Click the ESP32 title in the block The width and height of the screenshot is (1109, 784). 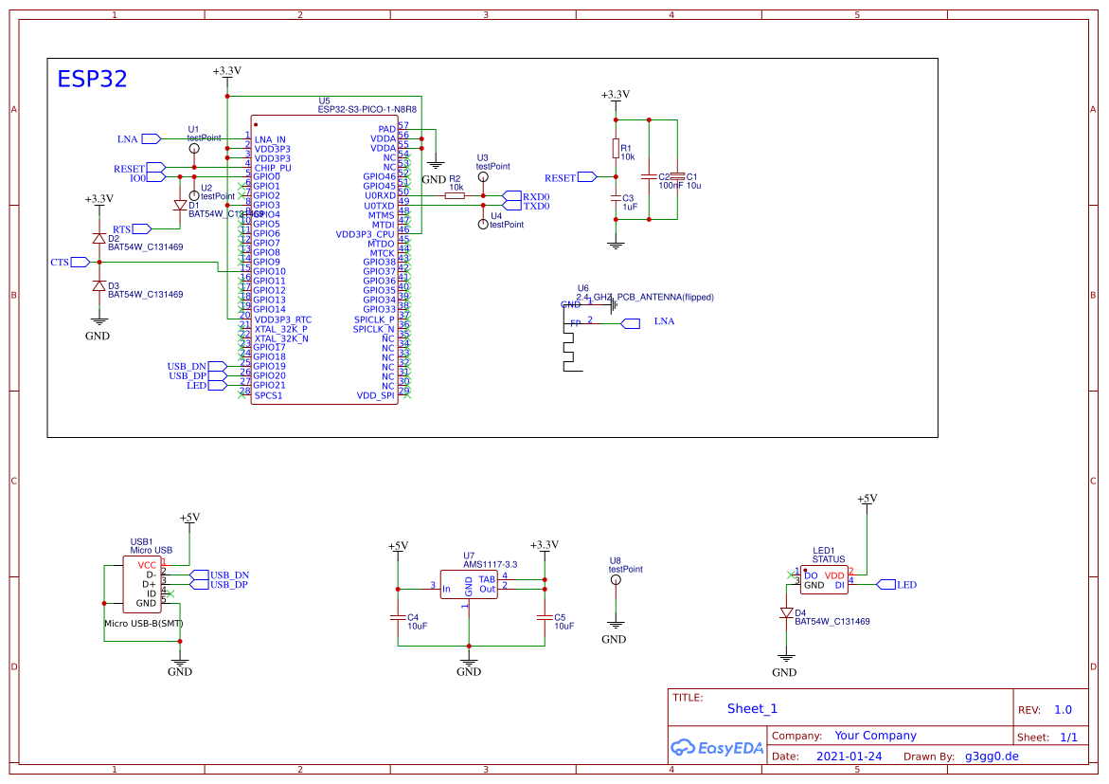click(92, 79)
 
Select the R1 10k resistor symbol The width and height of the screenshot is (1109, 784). click(616, 149)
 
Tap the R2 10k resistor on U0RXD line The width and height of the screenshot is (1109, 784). click(455, 195)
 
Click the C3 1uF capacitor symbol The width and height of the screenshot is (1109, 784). click(616, 198)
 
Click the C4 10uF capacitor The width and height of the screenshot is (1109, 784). click(398, 617)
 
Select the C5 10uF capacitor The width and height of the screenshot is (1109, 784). click(544, 617)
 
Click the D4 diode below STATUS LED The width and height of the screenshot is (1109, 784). click(785, 613)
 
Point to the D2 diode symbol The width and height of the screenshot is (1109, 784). click(98, 238)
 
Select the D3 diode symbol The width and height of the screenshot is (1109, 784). click(98, 285)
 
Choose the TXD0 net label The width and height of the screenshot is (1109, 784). click(536, 206)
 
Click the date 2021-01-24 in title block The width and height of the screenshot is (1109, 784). click(849, 757)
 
